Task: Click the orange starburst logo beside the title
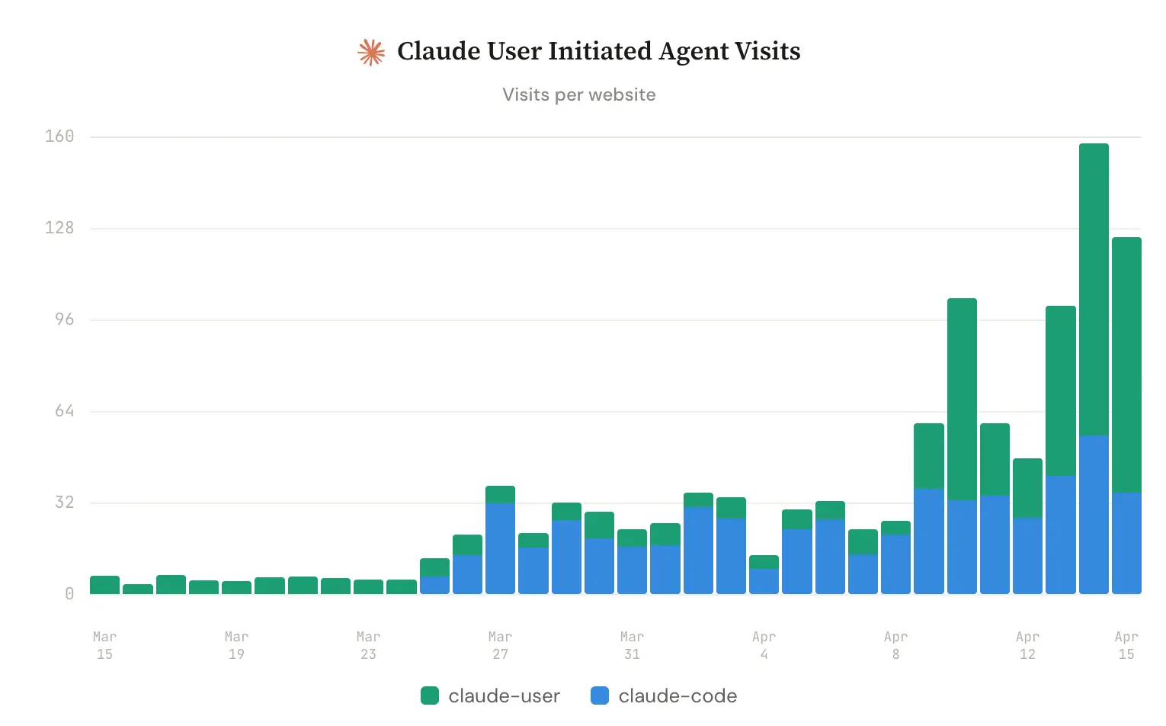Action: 371,52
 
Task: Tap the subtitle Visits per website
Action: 578,95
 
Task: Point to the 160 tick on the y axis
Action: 59,137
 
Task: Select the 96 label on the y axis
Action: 64,320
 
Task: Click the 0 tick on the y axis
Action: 69,594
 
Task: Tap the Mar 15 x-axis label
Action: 104,645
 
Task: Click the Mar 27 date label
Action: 500,645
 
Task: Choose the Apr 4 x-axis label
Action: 764,645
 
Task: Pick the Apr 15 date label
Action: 1126,645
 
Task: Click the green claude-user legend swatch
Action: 430,695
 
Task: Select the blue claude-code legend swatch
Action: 600,695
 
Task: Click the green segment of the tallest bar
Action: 1094,290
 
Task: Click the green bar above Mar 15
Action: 104,585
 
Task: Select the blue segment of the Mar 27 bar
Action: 500,549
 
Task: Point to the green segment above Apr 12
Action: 1027,488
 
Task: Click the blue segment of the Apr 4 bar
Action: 764,582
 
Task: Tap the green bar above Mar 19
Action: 236,588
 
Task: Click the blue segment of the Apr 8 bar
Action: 895,564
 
